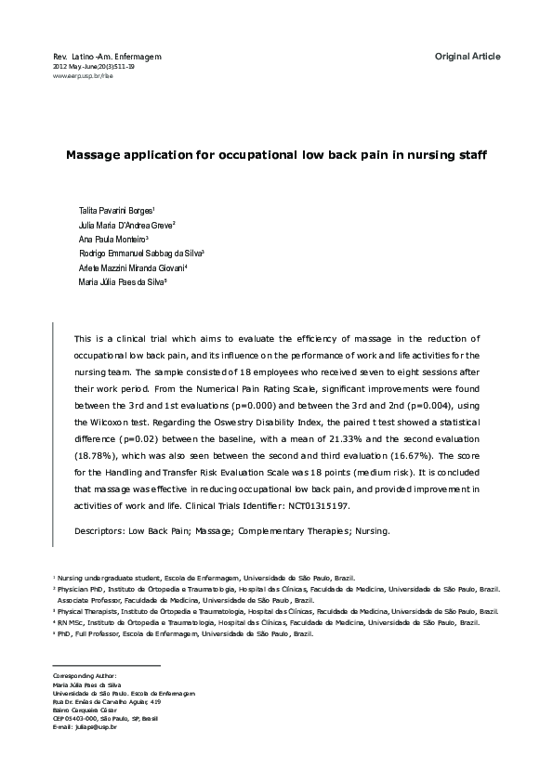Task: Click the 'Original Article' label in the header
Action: (467, 57)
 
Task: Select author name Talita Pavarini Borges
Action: (115, 211)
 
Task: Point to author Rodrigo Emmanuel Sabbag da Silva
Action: (140, 253)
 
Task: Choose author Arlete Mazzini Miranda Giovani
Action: (133, 267)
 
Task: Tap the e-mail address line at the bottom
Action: (85, 726)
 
